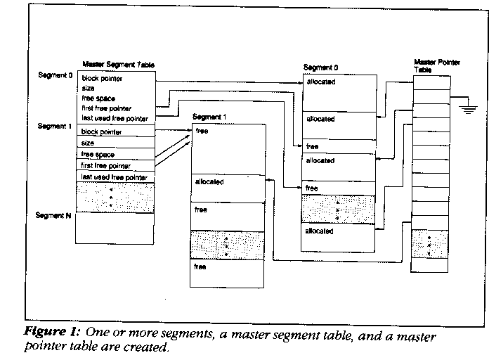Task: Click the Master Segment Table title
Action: point(118,65)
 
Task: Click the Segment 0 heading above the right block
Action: point(320,67)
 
